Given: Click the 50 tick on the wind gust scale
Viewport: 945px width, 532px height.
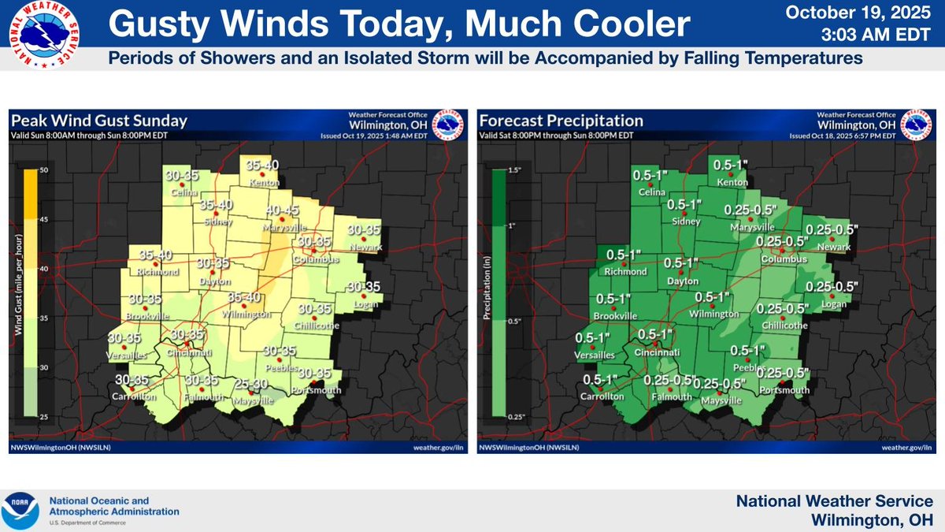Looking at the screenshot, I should (x=44, y=170).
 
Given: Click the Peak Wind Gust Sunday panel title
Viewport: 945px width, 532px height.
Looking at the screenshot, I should (x=99, y=121).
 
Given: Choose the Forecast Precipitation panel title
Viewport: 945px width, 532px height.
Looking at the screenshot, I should (x=561, y=121).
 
